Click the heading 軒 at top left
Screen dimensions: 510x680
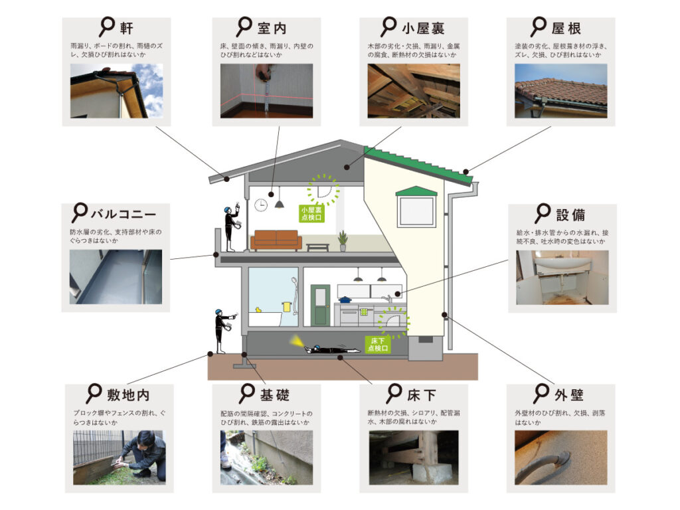pos(127,29)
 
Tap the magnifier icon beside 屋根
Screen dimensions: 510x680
pos(537,28)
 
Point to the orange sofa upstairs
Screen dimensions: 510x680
pos(276,239)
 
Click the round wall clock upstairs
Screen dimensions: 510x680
pos(260,205)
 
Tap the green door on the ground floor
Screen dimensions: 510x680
pos(321,305)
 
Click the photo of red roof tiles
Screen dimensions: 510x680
pos(560,91)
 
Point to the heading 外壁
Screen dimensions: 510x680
pos(568,395)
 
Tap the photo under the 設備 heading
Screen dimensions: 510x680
pos(562,278)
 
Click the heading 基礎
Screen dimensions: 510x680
pos(274,395)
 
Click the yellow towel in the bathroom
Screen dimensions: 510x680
pos(286,307)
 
